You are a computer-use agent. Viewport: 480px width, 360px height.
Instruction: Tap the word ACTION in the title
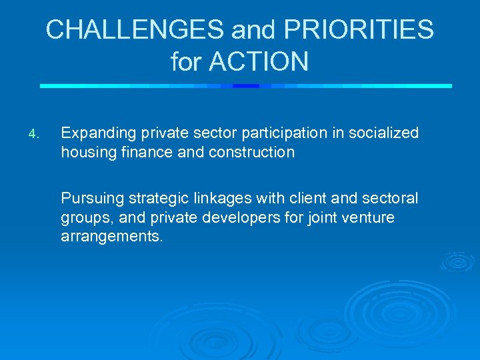(259, 62)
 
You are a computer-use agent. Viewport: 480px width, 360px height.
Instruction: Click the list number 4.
(35, 135)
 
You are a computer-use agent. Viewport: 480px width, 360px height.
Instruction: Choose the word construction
(251, 152)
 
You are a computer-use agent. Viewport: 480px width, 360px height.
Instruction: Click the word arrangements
(111, 236)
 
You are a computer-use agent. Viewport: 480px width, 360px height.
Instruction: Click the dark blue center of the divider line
(246, 85)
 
